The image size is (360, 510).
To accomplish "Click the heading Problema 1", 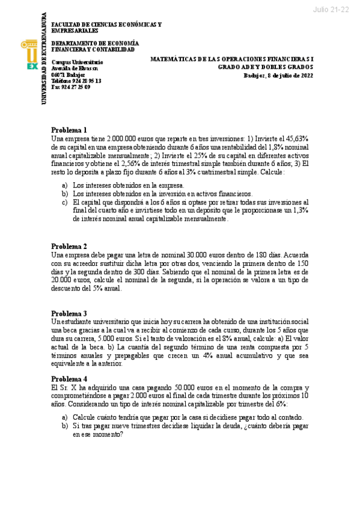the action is click(69, 130).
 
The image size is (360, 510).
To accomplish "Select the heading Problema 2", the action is click(69, 247).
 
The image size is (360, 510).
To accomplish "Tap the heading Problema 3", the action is click(69, 314).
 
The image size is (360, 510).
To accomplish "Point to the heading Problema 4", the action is click(69, 379).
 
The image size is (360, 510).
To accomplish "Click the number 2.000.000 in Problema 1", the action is click(126, 138).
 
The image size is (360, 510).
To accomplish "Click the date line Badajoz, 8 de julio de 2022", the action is click(278, 76).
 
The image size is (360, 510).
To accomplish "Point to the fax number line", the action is click(71, 87).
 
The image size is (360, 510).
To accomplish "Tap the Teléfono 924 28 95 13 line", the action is click(76, 81).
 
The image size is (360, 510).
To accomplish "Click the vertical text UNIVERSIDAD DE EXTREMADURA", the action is click(43, 58).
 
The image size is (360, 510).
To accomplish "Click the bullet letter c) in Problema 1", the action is click(64, 203).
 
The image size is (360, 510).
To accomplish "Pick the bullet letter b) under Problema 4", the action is click(64, 426).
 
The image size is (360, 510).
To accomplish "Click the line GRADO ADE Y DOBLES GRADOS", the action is click(266, 67).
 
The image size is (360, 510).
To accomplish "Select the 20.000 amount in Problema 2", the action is click(64, 280).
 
